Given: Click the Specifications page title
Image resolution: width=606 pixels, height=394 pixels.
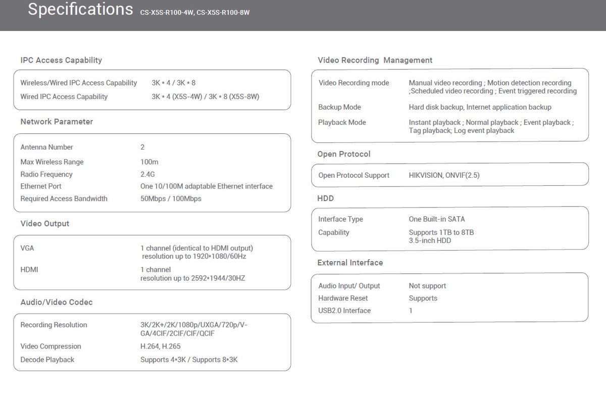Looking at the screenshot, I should (x=80, y=10).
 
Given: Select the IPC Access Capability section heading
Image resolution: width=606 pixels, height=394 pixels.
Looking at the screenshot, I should (x=61, y=60).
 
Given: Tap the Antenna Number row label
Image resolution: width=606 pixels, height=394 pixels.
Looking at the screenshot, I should (x=46, y=147).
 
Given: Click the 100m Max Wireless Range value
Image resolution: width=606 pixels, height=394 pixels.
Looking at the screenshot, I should (x=149, y=162).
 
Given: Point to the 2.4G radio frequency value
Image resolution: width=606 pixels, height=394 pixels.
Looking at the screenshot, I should (x=147, y=174).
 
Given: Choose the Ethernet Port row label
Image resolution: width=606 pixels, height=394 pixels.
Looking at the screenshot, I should (x=41, y=186).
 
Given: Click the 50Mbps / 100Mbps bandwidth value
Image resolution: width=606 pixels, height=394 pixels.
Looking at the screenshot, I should (x=171, y=199).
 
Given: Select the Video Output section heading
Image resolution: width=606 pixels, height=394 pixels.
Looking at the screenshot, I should (x=45, y=224).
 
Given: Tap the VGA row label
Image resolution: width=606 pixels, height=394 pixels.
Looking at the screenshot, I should (x=27, y=249).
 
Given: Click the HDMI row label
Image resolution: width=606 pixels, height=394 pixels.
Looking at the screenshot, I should (x=29, y=270).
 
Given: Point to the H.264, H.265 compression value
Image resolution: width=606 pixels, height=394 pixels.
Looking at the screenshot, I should (x=160, y=347).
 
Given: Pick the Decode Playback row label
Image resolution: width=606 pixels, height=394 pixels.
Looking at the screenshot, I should (x=47, y=360).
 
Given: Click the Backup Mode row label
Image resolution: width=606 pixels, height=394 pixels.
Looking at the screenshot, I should (x=339, y=107).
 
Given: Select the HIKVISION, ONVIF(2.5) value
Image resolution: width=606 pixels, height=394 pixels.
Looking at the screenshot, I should (x=444, y=175).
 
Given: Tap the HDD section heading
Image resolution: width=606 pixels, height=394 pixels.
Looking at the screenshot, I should (x=326, y=199).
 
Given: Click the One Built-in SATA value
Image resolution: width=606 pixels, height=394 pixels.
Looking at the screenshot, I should (x=437, y=219).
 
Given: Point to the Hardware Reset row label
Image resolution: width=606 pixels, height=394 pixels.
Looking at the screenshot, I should (x=343, y=298).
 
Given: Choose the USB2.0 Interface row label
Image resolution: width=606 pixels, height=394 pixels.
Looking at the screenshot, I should (x=344, y=311).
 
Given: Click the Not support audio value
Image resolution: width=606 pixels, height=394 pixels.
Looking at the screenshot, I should (x=427, y=286).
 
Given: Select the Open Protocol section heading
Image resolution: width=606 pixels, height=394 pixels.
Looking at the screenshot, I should (x=344, y=154).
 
